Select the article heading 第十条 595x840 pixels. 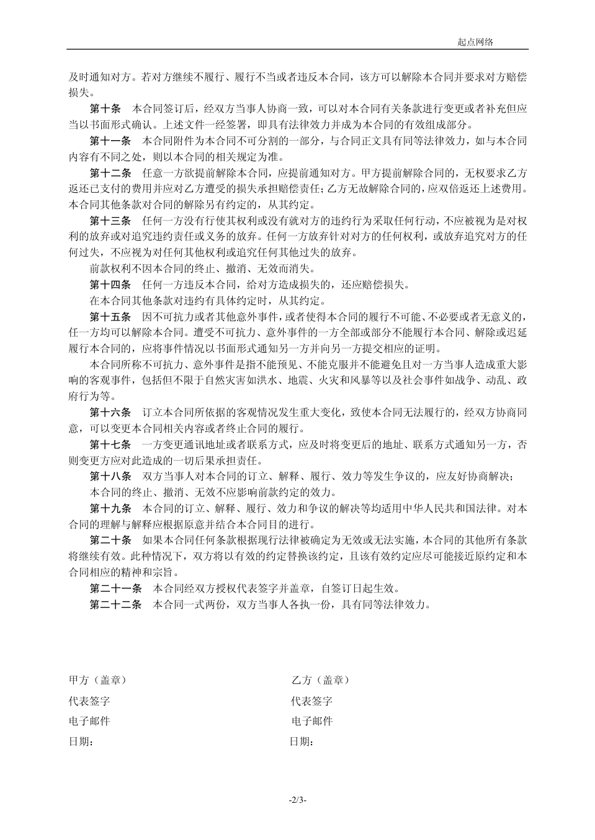point(105,108)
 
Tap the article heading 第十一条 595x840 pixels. point(110,140)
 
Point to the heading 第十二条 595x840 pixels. point(110,172)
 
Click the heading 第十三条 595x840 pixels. point(110,221)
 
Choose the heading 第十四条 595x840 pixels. point(110,285)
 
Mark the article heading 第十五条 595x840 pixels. point(110,317)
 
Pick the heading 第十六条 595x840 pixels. point(110,412)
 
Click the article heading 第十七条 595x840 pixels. point(110,444)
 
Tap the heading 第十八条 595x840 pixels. point(110,477)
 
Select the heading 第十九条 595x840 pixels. point(110,509)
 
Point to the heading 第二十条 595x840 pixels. point(110,541)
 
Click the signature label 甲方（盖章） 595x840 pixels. point(97,680)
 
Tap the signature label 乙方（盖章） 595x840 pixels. point(320,680)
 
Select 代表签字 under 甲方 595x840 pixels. point(89,701)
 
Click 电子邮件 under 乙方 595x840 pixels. point(312,721)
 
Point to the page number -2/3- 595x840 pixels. point(298,800)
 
